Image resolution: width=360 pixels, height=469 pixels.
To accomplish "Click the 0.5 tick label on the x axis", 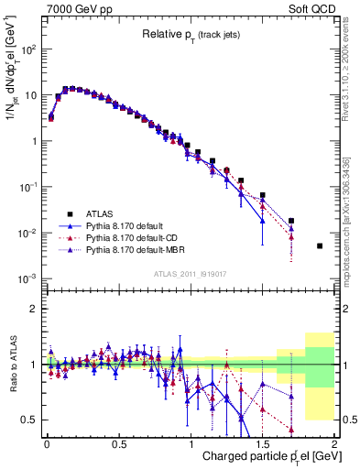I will pos(118,443).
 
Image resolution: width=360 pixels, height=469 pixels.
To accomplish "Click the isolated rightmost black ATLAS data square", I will pos(320,245).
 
